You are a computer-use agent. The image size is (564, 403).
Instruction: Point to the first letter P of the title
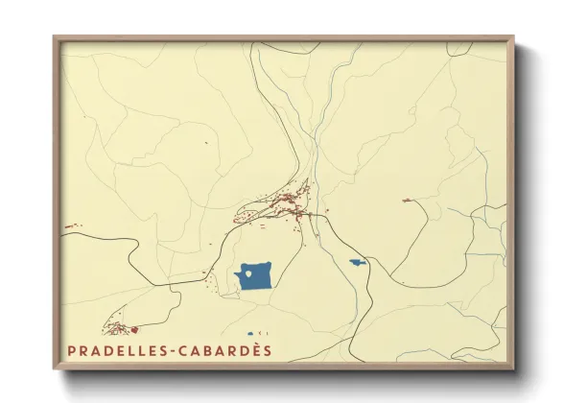(72, 349)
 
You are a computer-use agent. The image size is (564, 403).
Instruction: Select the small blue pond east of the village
(357, 262)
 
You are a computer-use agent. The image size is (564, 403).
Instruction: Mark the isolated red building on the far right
(407, 200)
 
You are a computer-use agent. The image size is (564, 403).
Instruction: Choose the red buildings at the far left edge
(71, 227)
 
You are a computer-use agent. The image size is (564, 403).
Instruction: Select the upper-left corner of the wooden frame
(56, 39)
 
